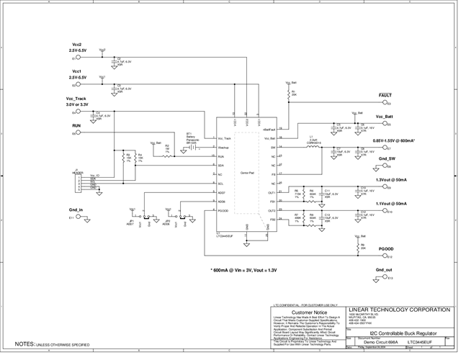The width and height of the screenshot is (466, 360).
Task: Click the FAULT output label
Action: [385, 95]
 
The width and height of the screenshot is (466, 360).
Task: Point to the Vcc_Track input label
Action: [76, 98]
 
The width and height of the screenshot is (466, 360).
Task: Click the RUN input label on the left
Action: [76, 125]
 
